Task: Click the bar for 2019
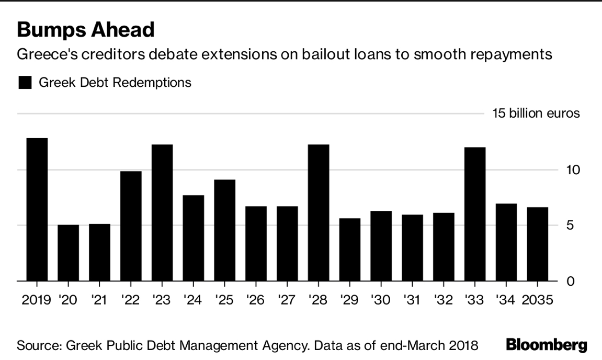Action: tap(37, 210)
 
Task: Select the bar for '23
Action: tap(162, 213)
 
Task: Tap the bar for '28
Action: tap(319, 213)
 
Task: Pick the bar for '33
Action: tap(475, 215)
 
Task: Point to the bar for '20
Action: tap(68, 253)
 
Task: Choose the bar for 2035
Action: tap(538, 244)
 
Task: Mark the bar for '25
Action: tap(224, 231)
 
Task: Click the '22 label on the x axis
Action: tap(131, 300)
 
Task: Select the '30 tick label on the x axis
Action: tap(381, 300)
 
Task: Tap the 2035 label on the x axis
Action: tap(538, 300)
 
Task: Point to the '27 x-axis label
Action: tap(287, 300)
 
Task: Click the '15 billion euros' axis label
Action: tap(536, 114)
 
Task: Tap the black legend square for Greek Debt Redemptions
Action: tap(25, 82)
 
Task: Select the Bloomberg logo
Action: tap(547, 345)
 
